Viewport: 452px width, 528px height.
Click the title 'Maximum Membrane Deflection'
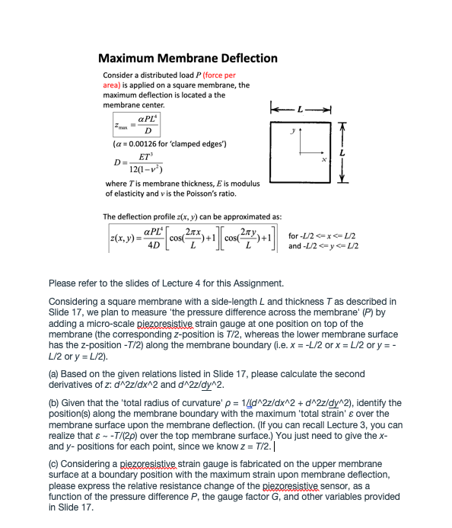[188, 58]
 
